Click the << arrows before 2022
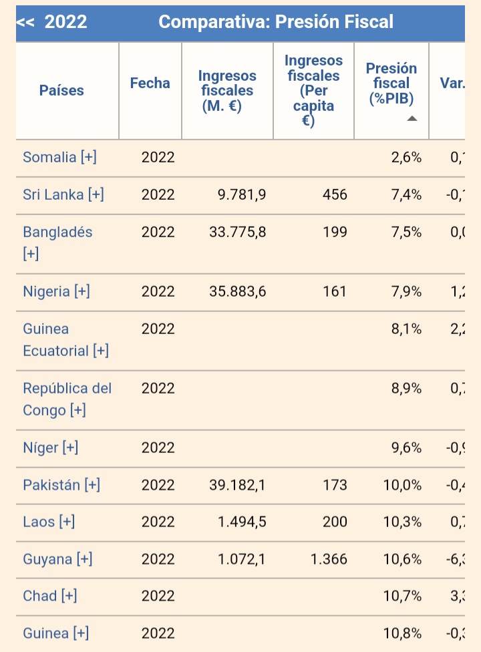coord(25,22)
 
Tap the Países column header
coord(61,90)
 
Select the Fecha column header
coord(150,83)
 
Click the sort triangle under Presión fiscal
coord(412,118)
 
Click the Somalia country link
coord(59,157)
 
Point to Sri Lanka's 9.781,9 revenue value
coord(242,194)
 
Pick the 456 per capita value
coord(335,194)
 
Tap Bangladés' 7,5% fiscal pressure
coord(406,232)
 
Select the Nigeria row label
coord(56,291)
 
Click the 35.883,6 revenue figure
coord(238,291)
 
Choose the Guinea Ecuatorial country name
coord(65,339)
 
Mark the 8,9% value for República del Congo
coord(406,388)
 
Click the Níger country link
coord(50,448)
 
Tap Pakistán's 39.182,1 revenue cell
coord(237,485)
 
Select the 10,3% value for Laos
coord(403,522)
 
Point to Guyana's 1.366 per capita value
coord(329,559)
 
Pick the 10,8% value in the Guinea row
coord(403,633)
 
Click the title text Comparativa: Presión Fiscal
coord(276,22)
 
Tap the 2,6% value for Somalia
coord(406,157)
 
